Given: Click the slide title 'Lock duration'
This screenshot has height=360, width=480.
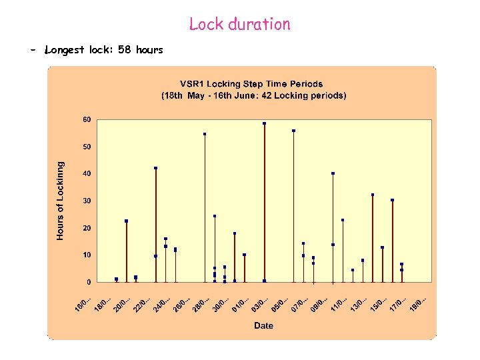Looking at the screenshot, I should [x=239, y=25].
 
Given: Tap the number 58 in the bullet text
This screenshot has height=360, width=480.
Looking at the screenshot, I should [x=124, y=50].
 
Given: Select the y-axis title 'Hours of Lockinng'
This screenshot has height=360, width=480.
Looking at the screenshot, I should [x=61, y=201].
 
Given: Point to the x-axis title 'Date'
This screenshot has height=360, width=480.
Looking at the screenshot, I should [x=263, y=325].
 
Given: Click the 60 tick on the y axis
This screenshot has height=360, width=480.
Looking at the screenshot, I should [x=87, y=119].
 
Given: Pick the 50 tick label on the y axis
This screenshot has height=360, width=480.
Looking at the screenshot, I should [x=87, y=147].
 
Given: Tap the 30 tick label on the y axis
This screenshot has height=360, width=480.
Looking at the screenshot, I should [x=87, y=201].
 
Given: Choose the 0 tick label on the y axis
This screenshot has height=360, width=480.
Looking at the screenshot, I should [x=89, y=282].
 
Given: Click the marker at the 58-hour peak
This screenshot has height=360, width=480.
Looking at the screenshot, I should [x=265, y=123].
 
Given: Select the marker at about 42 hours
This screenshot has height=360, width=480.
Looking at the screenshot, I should [x=155, y=168].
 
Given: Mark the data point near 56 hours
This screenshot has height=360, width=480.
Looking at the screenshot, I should [x=293, y=131].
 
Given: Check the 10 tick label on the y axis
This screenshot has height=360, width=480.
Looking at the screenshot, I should [x=87, y=255].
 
